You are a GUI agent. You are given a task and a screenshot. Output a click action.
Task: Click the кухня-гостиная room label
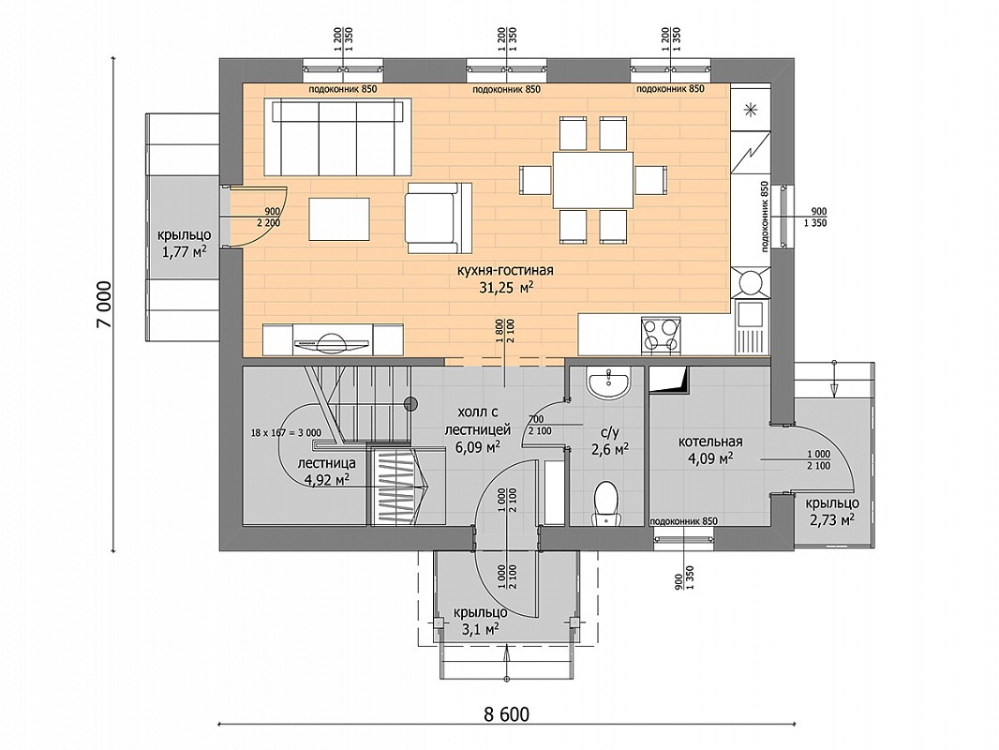505,271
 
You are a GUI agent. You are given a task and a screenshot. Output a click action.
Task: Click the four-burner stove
659,334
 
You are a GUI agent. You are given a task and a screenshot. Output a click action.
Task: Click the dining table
592,180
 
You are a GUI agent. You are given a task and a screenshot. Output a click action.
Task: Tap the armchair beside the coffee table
439,217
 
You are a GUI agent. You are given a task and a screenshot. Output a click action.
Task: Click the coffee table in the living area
339,218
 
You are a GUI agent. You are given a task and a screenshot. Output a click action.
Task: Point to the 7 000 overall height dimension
104,304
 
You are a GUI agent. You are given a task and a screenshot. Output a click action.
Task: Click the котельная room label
709,442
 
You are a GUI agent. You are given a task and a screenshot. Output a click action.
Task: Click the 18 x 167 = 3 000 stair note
286,433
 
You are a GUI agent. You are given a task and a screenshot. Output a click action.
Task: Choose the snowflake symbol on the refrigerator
752,110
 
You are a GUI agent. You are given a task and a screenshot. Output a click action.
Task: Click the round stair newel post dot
410,403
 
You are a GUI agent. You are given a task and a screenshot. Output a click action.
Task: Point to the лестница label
327,463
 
